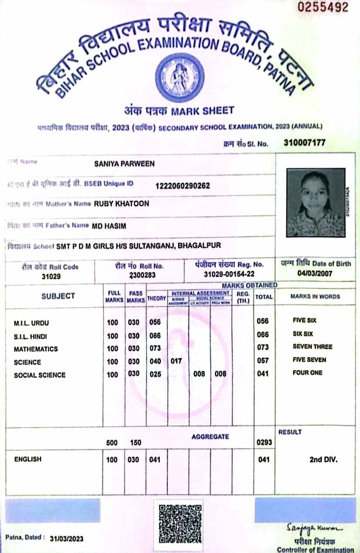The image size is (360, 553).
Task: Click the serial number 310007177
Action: point(304,143)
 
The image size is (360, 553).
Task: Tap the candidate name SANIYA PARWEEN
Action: point(124,164)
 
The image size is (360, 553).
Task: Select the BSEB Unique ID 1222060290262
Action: point(183,186)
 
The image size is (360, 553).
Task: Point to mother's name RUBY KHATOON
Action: point(122,204)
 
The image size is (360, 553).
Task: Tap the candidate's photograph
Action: point(316,203)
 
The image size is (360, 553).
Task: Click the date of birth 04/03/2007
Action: point(315,273)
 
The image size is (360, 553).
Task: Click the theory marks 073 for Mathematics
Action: point(155,348)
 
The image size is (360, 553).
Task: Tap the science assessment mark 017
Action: point(176,361)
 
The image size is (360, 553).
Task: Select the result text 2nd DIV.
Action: point(323,460)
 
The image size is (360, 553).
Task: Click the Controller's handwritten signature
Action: point(315,528)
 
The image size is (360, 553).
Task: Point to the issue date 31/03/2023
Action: point(67,539)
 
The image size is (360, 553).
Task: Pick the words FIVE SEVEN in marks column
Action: point(309,360)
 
